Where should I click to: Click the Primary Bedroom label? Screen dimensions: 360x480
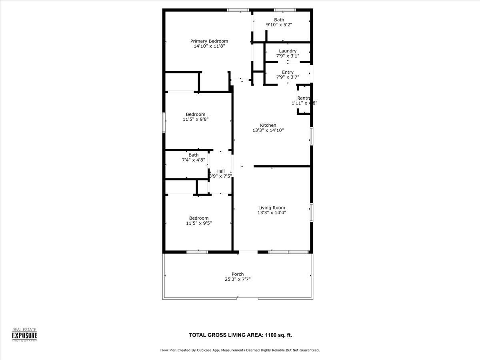209,41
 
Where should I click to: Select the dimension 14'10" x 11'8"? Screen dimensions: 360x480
209,46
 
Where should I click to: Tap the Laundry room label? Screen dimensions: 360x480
288,51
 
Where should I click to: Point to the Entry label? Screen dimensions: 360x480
288,72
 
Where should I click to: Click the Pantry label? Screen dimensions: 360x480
304,98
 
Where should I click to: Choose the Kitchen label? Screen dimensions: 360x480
268,125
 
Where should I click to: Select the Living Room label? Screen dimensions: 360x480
271,208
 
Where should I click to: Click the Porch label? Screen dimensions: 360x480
238,274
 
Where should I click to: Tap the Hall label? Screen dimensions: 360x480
220,171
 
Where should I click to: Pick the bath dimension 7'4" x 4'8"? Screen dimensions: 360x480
194,160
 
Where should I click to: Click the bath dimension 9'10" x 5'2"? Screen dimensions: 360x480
279,25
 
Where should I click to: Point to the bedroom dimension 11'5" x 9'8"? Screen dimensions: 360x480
196,119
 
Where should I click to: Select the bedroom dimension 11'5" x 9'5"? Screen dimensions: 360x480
198,223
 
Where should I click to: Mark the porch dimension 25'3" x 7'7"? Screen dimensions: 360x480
238,279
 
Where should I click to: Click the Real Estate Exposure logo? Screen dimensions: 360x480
24,334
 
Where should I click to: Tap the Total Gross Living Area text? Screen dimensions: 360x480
243,335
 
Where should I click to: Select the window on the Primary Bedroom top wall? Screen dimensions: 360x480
238,10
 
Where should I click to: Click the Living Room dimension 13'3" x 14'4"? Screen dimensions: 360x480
271,213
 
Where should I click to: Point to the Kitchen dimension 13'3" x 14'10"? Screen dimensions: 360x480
268,130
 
